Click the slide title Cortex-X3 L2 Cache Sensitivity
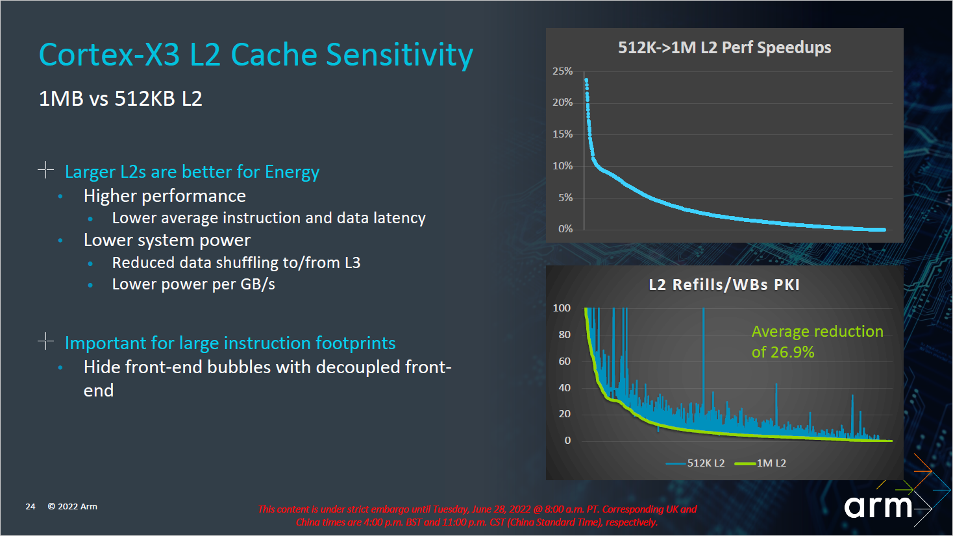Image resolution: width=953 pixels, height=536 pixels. [256, 55]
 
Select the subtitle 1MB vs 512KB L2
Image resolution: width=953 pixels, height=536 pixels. [121, 99]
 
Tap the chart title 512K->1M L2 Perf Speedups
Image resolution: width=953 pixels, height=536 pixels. [724, 47]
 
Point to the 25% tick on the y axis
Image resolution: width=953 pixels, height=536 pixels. [562, 71]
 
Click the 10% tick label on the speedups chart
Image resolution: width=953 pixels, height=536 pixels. [562, 165]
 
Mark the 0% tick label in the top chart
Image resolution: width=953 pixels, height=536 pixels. [565, 228]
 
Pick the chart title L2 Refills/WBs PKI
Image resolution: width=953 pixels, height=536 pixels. [724, 284]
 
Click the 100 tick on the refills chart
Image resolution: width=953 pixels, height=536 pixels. [562, 308]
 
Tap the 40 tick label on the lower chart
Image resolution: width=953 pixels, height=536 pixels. [564, 387]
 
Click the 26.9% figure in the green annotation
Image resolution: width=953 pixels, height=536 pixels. [793, 352]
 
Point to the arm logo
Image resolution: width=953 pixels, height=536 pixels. [878, 506]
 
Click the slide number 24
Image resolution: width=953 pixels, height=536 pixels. [31, 506]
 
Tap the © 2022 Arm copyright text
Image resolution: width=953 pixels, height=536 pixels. [72, 506]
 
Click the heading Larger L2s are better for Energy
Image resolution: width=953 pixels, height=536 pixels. [192, 171]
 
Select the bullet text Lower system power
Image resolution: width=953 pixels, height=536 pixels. [167, 240]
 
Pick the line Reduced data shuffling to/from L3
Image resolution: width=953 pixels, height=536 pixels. [236, 262]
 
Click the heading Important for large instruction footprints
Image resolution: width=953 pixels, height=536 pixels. [230, 343]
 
